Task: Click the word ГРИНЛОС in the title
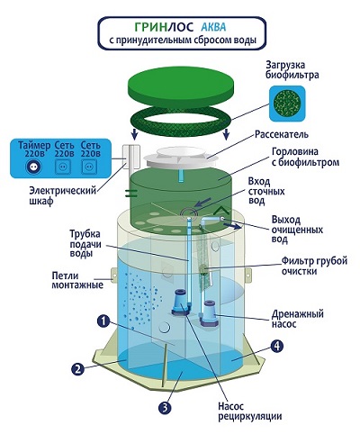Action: pos(164,27)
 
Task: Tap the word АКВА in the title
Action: pos(213,27)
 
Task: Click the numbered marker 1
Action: pos(103,321)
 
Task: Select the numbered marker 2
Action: pos(77,368)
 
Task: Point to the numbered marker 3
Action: pos(165,408)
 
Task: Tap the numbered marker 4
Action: pos(276,347)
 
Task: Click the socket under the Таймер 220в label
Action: pos(32,167)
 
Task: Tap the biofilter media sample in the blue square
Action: pos(287,104)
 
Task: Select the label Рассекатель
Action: pos(282,134)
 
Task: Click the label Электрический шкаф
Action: pos(62,195)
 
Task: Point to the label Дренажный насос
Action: pos(297,319)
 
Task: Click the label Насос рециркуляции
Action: pos(249,411)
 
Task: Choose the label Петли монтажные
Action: pos(77,280)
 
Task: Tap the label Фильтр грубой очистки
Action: pos(314,266)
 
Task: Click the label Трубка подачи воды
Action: pos(85,244)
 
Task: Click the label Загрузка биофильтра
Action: pos(292,70)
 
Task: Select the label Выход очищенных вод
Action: pos(297,230)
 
